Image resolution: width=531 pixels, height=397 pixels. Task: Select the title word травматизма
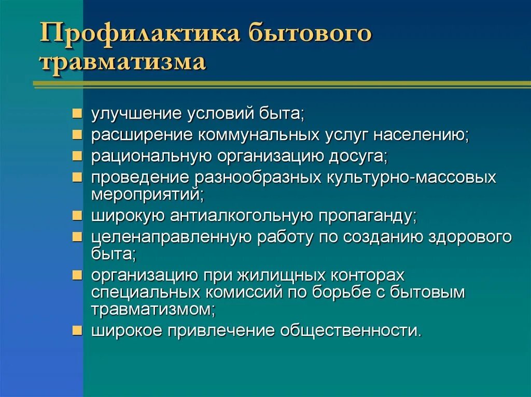[123, 63]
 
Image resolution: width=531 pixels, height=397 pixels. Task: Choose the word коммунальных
[258, 135]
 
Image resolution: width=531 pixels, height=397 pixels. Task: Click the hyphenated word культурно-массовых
[411, 178]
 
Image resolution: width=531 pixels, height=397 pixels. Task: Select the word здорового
[470, 237]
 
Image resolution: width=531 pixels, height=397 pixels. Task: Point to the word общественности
[351, 331]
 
